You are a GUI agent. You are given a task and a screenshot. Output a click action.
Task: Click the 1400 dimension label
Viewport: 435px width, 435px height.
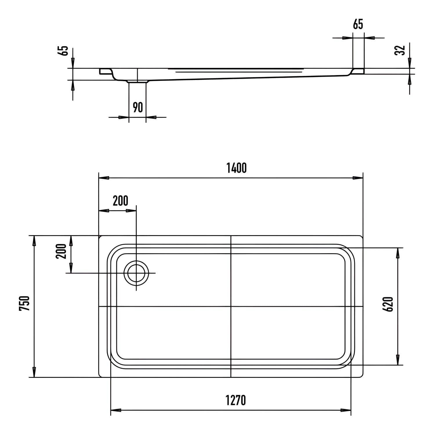[236, 168]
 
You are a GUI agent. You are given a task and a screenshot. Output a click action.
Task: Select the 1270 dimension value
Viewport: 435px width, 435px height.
[236, 400]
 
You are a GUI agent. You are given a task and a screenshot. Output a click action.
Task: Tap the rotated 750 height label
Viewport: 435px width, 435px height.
[24, 303]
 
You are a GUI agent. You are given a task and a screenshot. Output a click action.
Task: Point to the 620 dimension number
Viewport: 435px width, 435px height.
[389, 304]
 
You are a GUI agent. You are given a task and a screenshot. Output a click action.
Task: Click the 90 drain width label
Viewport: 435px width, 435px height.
[138, 107]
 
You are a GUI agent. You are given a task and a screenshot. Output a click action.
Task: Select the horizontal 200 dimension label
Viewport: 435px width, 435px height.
[120, 201]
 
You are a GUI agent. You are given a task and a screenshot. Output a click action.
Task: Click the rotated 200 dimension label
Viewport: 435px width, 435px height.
[61, 251]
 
